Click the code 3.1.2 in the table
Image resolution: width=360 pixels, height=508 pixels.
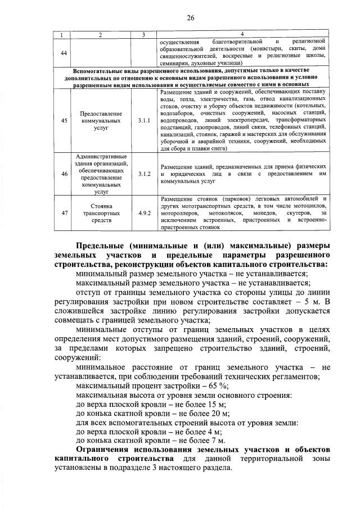tap(144, 174)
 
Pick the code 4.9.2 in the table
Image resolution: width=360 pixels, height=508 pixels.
tap(144, 213)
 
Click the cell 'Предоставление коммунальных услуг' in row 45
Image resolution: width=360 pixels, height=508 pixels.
tap(101, 120)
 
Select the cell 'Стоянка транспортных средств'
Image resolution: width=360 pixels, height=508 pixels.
tap(101, 213)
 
